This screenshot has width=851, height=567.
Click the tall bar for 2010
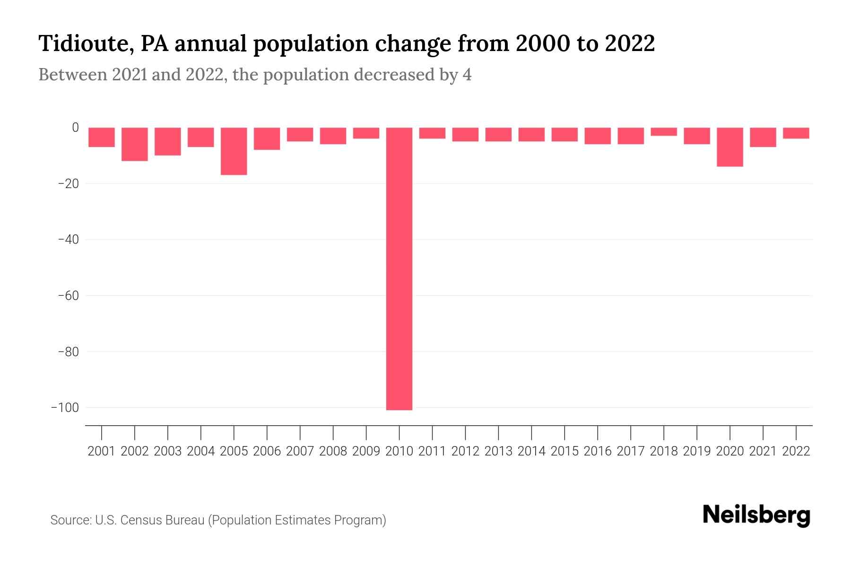tap(399, 268)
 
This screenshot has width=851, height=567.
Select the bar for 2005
tap(234, 151)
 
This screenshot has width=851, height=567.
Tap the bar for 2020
tap(730, 147)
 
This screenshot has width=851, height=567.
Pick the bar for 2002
tap(135, 144)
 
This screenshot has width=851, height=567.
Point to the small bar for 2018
tap(664, 131)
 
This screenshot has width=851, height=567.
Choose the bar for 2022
tap(796, 133)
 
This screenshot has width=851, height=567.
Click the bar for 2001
tap(102, 137)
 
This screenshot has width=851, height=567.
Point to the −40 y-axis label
tap(68, 240)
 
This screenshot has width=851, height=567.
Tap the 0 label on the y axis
tap(75, 128)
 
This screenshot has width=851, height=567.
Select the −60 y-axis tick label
tap(68, 296)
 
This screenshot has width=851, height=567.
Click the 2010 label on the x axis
tap(399, 451)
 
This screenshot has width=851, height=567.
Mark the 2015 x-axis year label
tap(564, 451)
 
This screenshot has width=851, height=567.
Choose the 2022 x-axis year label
tap(796, 451)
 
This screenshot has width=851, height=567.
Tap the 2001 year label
tap(102, 451)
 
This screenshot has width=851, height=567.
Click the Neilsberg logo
tap(756, 515)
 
